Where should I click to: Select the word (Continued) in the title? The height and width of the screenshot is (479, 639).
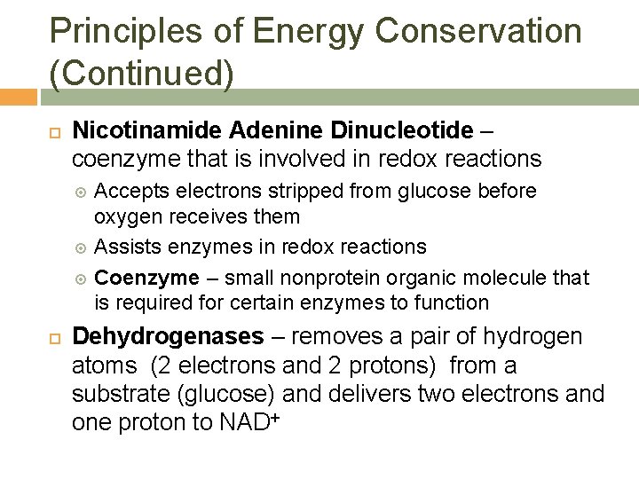point(142,74)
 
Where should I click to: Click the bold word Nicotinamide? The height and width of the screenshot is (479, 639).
point(147,132)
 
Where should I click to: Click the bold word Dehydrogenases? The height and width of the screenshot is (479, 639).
point(168,338)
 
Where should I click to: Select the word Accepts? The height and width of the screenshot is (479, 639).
point(130,192)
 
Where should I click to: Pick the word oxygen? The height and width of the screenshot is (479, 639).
point(125,216)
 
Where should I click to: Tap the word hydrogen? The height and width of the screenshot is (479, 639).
point(534,338)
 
